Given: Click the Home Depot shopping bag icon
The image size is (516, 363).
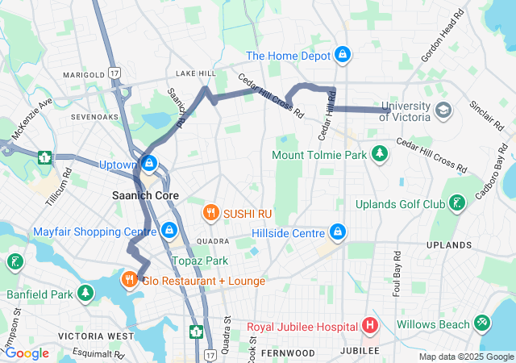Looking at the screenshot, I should point(343,56).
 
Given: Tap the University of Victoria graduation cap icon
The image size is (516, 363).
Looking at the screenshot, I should point(443,109).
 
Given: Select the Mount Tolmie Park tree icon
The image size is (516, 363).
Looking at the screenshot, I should point(379,153).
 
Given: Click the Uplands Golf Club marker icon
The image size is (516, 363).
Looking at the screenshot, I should point(458,203).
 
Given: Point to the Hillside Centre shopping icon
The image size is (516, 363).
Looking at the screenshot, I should point(339,232).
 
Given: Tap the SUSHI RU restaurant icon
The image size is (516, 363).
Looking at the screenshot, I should point(210,213).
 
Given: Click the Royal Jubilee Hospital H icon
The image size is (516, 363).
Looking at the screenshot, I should point(370,327).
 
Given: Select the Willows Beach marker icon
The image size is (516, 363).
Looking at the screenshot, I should point(482,323).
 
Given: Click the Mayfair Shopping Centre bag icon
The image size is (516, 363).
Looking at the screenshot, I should point(169,231).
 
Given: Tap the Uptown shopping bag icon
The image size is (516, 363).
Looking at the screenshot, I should point(148,164).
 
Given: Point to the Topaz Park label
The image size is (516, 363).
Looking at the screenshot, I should point(200,261).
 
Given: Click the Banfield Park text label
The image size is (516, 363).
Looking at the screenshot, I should point(40,294).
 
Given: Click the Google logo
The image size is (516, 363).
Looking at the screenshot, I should point(27,353).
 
